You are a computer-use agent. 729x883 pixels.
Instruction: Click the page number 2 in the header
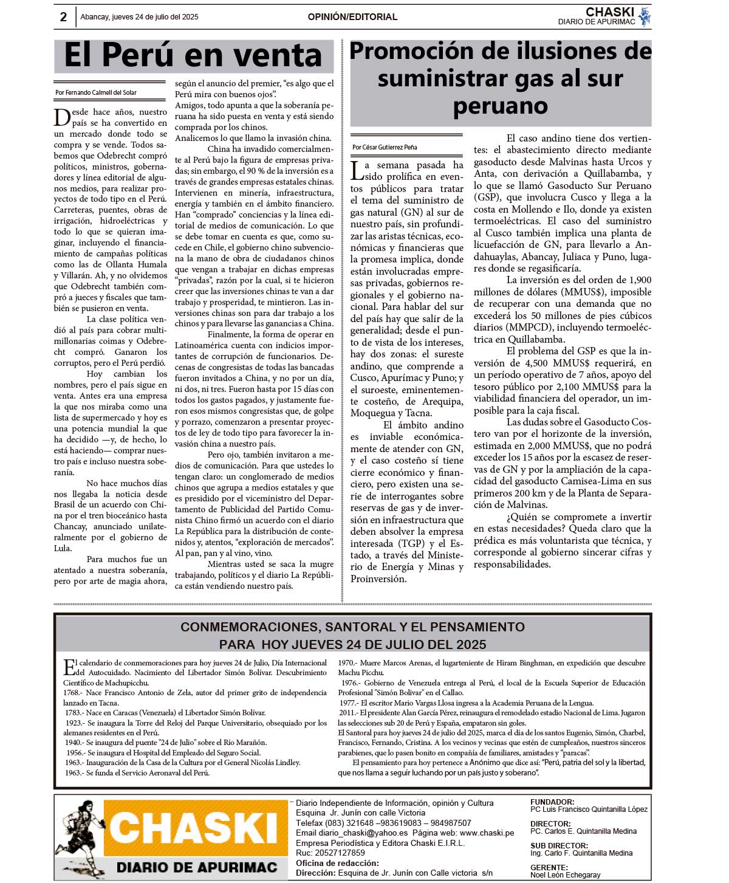tap(63, 17)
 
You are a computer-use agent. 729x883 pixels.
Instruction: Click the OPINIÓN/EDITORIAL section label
tap(352, 17)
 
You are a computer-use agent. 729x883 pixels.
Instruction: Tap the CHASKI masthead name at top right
tap(609, 12)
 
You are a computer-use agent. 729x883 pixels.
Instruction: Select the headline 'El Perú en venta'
tap(193, 55)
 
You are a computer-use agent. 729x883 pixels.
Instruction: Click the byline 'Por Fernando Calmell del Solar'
tap(96, 93)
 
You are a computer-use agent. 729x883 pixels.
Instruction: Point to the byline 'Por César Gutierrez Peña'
tap(385, 147)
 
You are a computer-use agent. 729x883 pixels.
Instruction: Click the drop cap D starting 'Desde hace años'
tap(61, 117)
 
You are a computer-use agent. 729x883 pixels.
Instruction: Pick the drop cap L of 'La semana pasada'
tap(357, 170)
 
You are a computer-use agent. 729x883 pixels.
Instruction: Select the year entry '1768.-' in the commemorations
tap(72, 693)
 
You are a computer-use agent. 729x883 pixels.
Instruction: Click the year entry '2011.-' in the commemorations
tap(348, 713)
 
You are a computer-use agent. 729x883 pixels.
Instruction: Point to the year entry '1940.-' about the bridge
tap(75, 743)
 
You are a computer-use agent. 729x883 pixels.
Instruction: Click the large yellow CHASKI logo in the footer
tap(194, 828)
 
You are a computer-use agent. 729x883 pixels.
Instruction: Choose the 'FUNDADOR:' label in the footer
tap(552, 802)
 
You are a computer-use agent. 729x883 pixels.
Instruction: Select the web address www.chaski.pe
tap(487, 833)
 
